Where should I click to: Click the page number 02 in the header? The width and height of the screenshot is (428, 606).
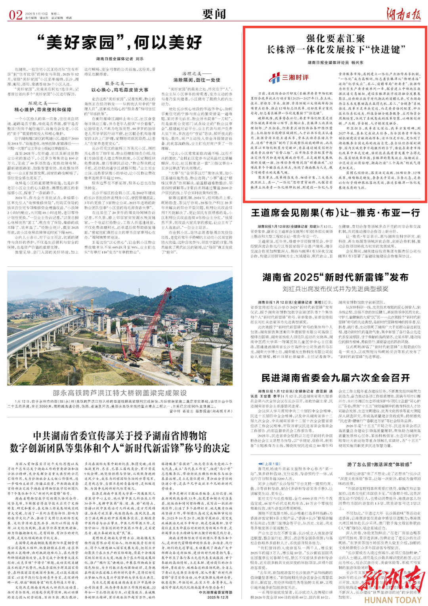tap(15, 15)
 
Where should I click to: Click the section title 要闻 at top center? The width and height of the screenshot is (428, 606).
tap(214, 14)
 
